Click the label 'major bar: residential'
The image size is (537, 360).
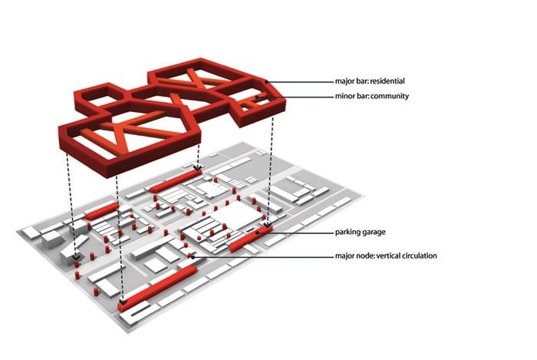(x=370, y=81)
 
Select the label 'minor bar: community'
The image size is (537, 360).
(x=371, y=96)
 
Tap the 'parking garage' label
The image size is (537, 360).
(x=360, y=233)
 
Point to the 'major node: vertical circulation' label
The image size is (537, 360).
(x=386, y=256)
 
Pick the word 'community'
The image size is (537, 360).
(x=390, y=96)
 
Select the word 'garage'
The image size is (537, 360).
(x=374, y=233)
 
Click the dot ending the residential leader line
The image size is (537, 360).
(x=266, y=82)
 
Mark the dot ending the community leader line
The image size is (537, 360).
(x=256, y=97)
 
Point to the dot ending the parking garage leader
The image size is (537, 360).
(x=257, y=233)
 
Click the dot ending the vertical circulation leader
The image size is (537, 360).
(x=193, y=256)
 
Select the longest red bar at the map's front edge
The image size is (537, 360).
(x=158, y=288)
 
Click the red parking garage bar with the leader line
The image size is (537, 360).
(x=251, y=238)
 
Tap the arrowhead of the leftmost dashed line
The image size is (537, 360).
(x=76, y=256)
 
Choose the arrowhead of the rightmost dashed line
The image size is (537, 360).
(x=268, y=226)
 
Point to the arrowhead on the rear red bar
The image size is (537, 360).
(x=198, y=168)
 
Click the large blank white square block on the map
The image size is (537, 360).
(x=236, y=216)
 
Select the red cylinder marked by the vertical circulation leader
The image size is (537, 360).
(x=189, y=256)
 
